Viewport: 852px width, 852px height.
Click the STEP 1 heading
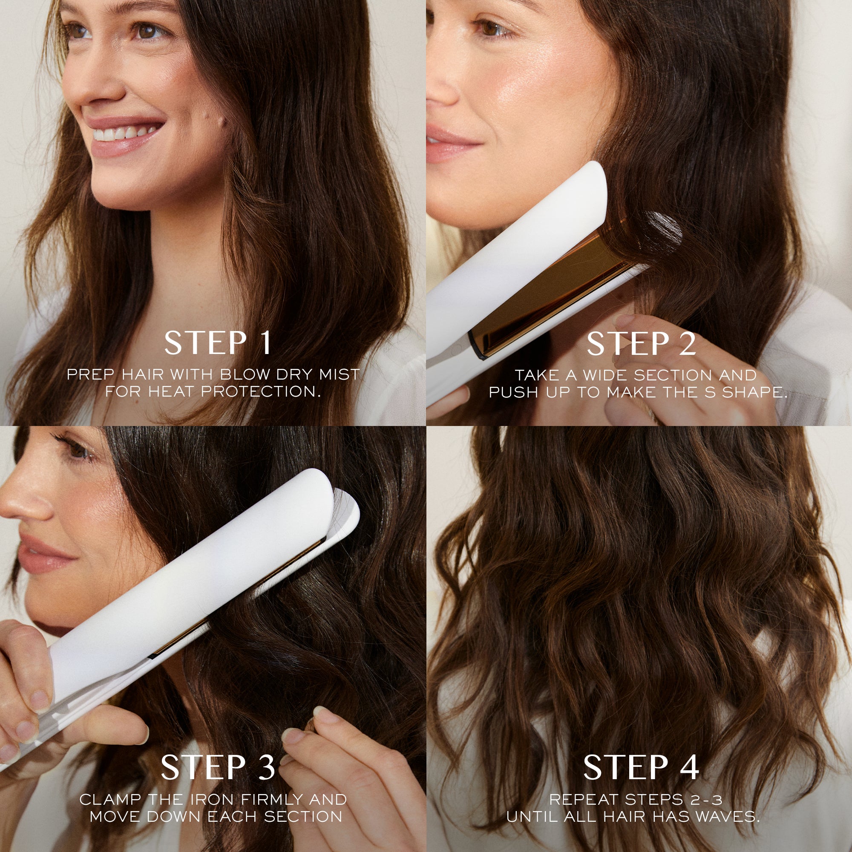click(x=217, y=343)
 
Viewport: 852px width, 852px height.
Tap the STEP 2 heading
click(x=641, y=343)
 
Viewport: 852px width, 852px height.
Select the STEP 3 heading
click(x=217, y=767)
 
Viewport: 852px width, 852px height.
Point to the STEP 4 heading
click(x=641, y=767)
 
